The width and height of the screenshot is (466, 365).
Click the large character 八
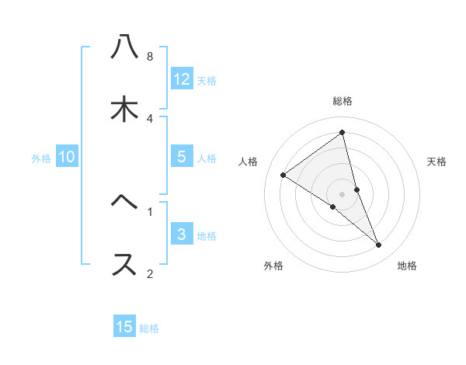coord(124,47)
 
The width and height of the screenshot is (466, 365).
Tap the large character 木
coord(124,109)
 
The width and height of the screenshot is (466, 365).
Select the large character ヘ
coord(124,203)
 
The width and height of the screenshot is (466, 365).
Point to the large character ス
coord(124,264)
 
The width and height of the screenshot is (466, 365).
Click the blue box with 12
coord(182,78)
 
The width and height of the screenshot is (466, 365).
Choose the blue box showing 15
coord(124,327)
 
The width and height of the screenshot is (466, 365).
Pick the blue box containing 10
coord(67,157)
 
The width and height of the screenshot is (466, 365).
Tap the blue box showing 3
coord(181,235)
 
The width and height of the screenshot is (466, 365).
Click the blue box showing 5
coord(181,157)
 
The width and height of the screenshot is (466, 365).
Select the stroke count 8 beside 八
coord(150,57)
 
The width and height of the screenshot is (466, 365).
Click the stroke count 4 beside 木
coord(150,118)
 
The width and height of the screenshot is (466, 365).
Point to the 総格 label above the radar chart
coord(343,101)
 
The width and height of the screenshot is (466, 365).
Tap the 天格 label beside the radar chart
coord(437,162)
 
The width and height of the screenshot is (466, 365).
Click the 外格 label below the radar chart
coord(273,266)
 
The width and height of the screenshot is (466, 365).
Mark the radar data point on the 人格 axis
coord(283,175)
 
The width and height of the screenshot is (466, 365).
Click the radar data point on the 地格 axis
coord(379,245)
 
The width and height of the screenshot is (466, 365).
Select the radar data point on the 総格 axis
coord(343,133)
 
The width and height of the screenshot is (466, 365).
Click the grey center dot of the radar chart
coord(343,193)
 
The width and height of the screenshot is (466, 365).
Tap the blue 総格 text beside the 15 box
coord(149,328)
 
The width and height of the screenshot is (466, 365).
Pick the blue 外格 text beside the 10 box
coord(41,158)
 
